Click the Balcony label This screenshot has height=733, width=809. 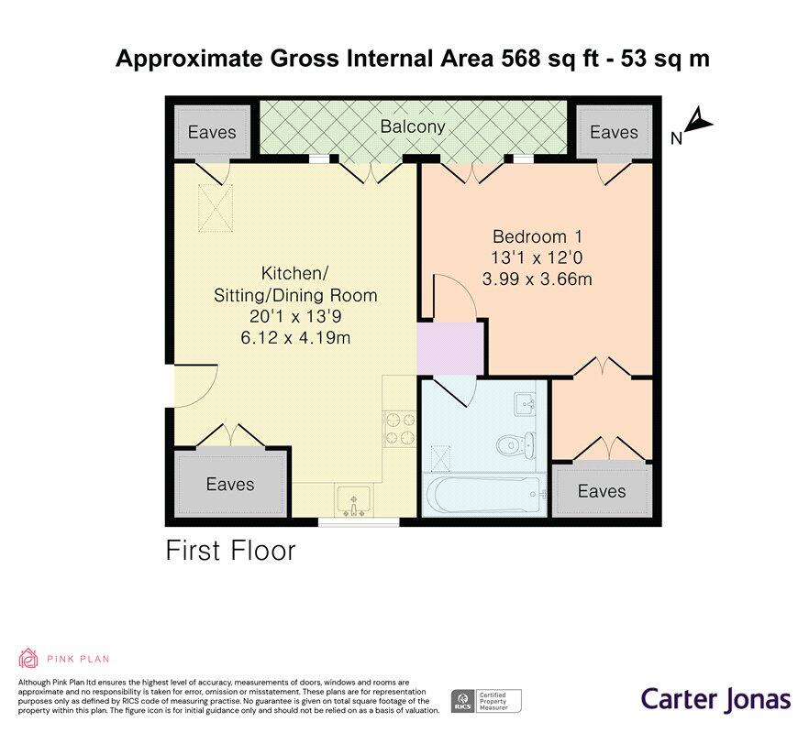coord(413,127)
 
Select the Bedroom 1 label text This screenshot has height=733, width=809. coord(537,235)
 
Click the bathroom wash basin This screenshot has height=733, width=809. coord(526,403)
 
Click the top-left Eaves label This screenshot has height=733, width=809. coord(212,132)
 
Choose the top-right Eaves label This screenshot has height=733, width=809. coord(614,132)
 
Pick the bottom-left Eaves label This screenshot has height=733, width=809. coord(229,484)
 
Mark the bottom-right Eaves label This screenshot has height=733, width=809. coord(602,492)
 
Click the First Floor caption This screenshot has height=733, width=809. coord(230,551)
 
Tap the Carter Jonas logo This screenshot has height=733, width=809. coord(715,699)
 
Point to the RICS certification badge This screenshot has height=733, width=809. coord(485,701)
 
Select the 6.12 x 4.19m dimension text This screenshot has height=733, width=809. coord(294,338)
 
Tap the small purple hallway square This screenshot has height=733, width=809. coord(449,347)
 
